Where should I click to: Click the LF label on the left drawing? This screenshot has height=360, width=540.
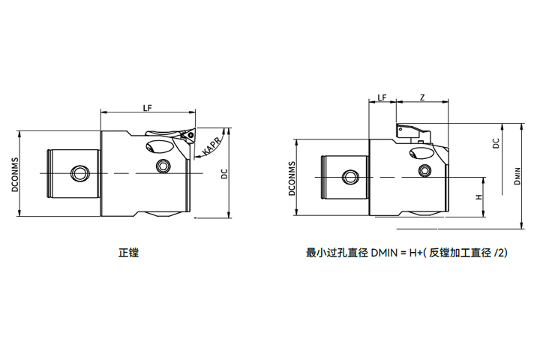(148, 108)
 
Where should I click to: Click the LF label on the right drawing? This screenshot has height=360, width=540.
(382, 97)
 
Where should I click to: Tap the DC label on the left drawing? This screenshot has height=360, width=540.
(224, 174)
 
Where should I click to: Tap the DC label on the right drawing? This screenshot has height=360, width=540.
(496, 143)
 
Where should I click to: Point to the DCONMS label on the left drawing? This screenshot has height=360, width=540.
(14, 175)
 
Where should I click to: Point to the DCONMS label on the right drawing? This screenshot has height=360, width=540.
(292, 178)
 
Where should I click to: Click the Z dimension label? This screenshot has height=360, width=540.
(422, 97)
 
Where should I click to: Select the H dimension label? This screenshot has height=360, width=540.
(479, 197)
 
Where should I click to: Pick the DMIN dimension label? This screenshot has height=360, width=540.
(517, 175)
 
